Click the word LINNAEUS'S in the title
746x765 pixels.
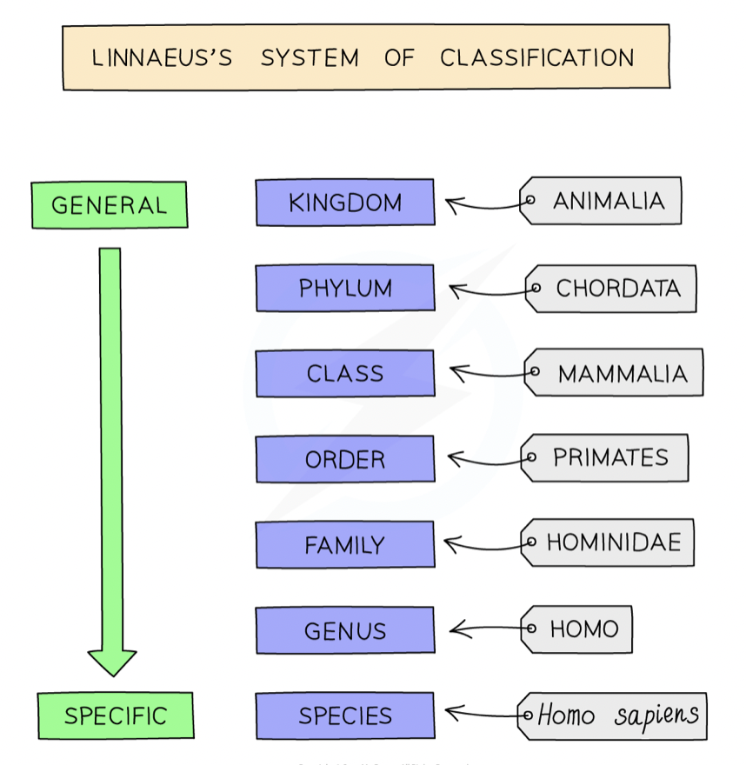[162, 57]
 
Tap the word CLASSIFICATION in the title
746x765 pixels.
[537, 57]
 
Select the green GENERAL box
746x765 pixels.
[110, 205]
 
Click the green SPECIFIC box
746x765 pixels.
[116, 715]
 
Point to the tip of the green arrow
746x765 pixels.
[113, 676]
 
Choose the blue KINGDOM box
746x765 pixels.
[345, 202]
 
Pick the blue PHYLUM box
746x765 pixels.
[345, 288]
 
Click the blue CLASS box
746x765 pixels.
[345, 373]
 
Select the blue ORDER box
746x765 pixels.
[345, 459]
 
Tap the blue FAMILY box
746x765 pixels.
[345, 544]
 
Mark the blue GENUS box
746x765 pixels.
[345, 630]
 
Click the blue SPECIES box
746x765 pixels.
[345, 715]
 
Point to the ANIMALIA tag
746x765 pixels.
[601, 201]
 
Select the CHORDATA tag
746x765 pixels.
[611, 289]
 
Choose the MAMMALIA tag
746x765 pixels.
[613, 372]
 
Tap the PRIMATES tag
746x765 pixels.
[604, 457]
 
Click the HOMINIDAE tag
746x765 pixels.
[608, 542]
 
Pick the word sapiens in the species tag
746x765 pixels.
[656, 715]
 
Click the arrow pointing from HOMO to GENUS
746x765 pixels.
[485, 629]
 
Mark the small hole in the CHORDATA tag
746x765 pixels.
[536, 288]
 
